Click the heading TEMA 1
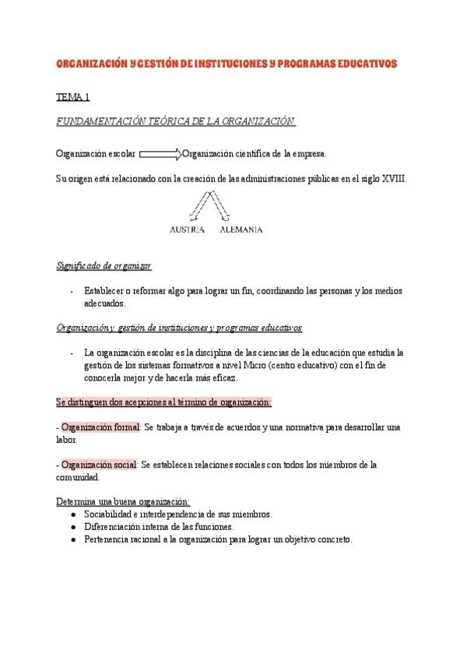pyautogui.click(x=73, y=97)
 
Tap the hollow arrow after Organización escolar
pyautogui.click(x=160, y=153)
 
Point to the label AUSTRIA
pyautogui.click(x=187, y=230)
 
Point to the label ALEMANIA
pyautogui.click(x=241, y=230)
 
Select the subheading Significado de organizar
pyautogui.click(x=104, y=265)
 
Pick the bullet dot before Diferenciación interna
pyautogui.click(x=72, y=526)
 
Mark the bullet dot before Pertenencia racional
pyautogui.click(x=72, y=539)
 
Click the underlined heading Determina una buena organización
pyautogui.click(x=123, y=501)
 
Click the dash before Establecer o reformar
pyautogui.click(x=72, y=290)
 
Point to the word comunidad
pyautogui.click(x=77, y=477)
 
